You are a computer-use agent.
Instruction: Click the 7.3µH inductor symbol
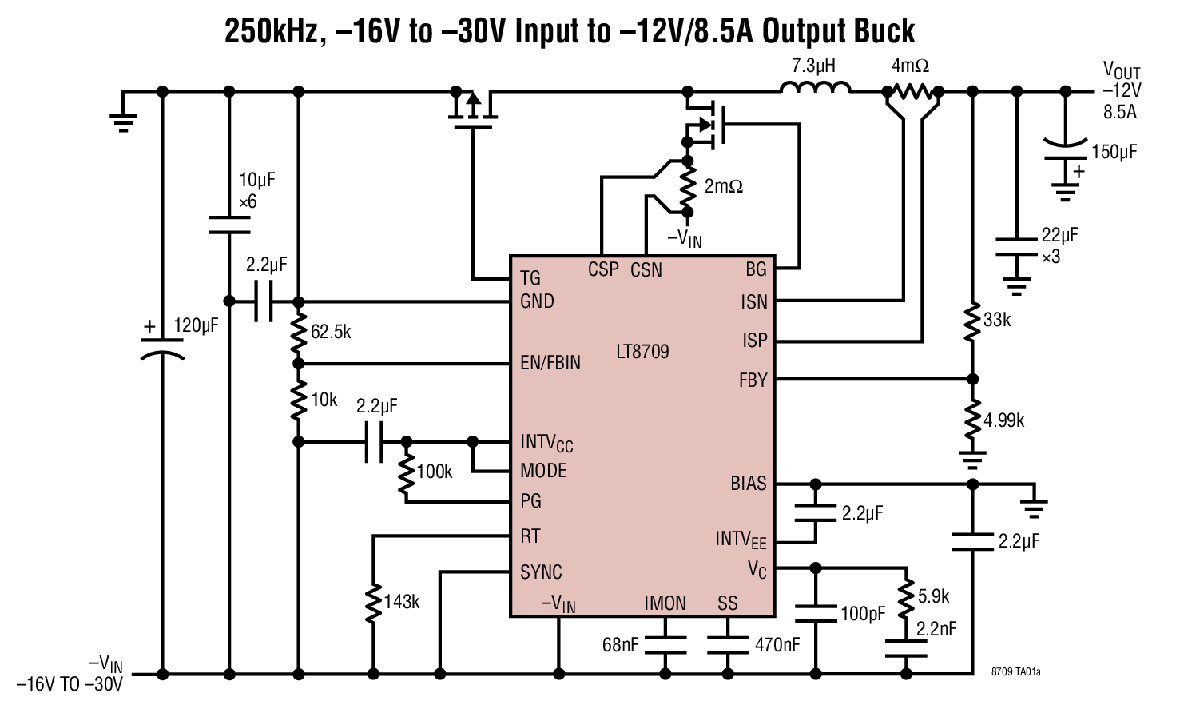click(x=814, y=88)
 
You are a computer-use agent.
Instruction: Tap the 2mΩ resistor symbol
click(x=687, y=185)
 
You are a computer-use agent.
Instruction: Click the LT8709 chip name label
click(x=642, y=352)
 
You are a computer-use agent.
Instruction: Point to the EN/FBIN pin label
click(x=550, y=363)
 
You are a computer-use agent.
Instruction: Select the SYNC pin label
click(x=541, y=572)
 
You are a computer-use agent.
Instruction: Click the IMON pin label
click(x=665, y=603)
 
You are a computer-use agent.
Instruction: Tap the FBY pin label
click(x=753, y=380)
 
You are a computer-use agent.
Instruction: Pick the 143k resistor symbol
click(x=373, y=603)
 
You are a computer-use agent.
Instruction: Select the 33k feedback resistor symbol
click(x=972, y=321)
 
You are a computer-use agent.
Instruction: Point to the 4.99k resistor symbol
click(x=972, y=420)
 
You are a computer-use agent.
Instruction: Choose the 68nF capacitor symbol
click(x=665, y=645)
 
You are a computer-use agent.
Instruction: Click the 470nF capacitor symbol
click(x=728, y=645)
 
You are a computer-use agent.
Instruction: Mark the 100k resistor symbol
click(x=406, y=473)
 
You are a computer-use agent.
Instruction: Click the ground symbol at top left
click(x=123, y=119)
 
